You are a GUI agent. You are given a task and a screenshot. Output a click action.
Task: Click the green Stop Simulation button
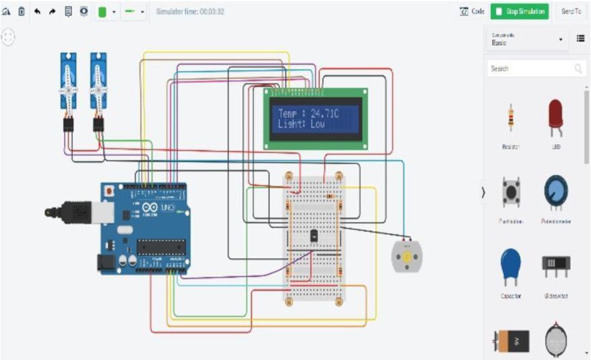519,11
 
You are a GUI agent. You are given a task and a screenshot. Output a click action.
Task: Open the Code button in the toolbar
472,11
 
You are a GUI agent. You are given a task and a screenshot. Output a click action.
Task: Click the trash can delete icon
21,11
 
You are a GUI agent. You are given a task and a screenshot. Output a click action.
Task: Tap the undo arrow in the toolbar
37,11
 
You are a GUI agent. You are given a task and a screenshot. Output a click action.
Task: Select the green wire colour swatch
103,12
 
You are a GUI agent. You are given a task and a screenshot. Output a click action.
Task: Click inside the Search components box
530,69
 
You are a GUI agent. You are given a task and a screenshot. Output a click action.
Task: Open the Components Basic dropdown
527,39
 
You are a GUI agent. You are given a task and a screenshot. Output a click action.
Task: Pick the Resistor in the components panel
510,118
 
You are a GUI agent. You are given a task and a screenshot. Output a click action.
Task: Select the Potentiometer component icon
556,193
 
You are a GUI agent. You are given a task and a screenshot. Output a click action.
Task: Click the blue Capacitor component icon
511,266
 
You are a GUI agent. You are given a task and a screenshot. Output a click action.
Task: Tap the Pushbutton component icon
511,192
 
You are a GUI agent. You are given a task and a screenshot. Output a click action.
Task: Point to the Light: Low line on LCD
301,125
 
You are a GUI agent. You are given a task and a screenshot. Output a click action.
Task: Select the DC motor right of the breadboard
406,257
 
